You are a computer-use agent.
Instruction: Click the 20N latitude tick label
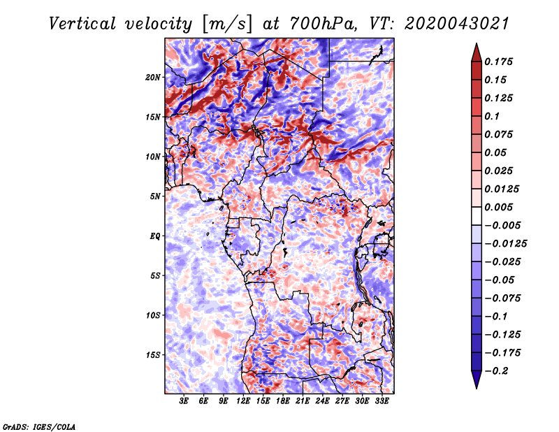[x=153, y=78]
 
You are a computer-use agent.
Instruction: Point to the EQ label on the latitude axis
[x=155, y=236]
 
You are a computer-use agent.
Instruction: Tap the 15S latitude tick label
[x=153, y=355]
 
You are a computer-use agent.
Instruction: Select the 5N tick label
[x=155, y=196]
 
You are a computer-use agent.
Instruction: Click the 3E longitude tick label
[x=184, y=401]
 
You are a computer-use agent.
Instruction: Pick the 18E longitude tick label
[x=283, y=401]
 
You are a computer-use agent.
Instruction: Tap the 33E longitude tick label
[x=382, y=401]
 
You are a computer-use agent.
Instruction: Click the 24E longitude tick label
[x=322, y=401]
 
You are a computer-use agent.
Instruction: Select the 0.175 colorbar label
[x=499, y=62]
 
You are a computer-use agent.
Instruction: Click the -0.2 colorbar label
[x=496, y=371]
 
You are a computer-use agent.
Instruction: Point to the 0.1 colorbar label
[x=493, y=116]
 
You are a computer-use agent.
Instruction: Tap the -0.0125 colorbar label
[x=506, y=244]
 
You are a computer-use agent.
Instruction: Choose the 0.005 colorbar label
[x=499, y=207]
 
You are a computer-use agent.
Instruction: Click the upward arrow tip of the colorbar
[x=477, y=44]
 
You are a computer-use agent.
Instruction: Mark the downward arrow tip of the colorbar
[x=477, y=388]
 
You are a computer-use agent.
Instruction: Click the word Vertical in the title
[x=82, y=24]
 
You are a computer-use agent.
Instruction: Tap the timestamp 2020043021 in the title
[x=457, y=24]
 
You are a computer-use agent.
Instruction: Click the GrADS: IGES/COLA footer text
[x=39, y=426]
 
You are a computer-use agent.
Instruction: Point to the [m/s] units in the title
[x=227, y=24]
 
